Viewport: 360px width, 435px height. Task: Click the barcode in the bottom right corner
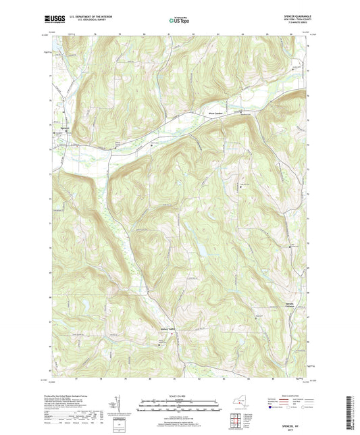[x=349, y=413]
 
